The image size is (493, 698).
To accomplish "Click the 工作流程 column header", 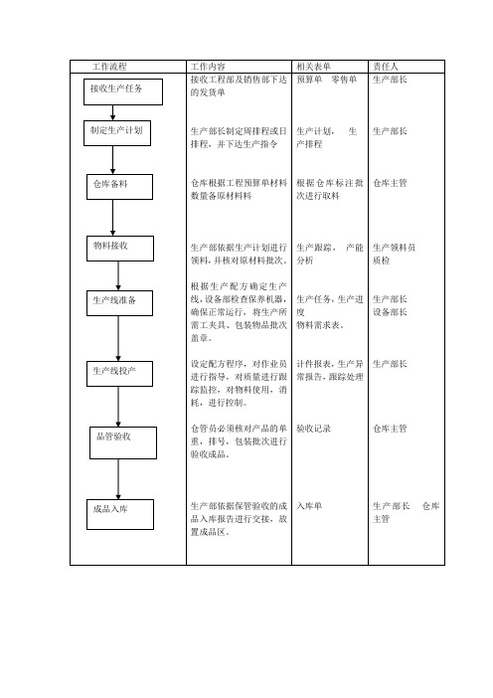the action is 109,67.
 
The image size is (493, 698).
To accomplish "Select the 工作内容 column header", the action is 208,67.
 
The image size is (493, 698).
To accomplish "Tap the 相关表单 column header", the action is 314,67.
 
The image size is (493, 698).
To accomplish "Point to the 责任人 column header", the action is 386,67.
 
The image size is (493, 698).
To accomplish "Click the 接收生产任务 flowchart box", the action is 123,92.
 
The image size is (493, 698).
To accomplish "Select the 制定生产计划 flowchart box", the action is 117,133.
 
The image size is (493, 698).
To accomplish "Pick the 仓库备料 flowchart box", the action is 119,187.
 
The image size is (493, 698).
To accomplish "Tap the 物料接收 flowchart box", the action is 120,249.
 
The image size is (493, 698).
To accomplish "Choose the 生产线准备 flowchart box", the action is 119,303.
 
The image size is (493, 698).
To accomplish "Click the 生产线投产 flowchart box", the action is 119,374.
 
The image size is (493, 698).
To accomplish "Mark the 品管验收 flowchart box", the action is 123,442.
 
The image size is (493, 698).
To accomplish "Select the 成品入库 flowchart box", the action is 120,515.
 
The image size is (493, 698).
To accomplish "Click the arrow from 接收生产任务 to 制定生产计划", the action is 112,112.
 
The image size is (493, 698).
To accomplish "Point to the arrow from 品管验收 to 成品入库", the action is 118,479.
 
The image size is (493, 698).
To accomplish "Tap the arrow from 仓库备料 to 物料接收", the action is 112,218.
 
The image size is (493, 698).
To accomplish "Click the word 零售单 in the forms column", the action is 344,80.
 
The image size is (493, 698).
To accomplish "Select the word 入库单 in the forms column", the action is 309,506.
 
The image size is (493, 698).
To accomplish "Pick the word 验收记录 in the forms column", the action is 314,429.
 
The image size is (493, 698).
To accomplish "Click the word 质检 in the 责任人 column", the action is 381,261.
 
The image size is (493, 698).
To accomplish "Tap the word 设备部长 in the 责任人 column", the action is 390,312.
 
